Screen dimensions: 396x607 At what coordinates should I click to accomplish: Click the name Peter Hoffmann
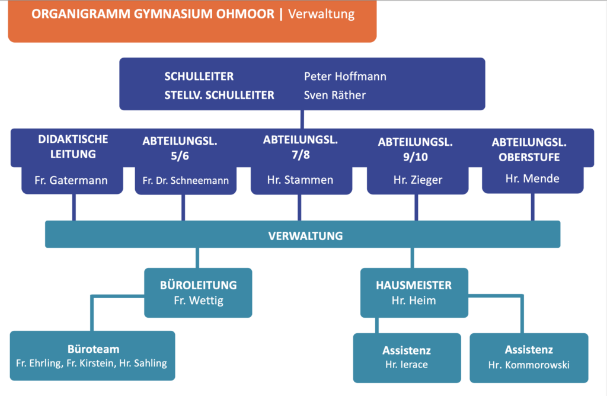pyautogui.click(x=345, y=76)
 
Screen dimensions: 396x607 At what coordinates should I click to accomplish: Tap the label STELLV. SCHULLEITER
pyautogui.click(x=219, y=95)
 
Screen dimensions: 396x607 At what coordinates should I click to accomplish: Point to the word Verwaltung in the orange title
pyautogui.click(x=321, y=14)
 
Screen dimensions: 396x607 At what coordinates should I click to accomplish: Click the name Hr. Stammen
pyautogui.click(x=300, y=180)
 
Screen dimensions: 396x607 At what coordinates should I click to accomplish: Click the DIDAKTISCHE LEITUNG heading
pyautogui.click(x=74, y=147)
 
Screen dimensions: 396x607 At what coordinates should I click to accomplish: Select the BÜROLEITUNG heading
pyautogui.click(x=198, y=285)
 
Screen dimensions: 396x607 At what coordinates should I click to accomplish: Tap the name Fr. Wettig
pyautogui.click(x=198, y=301)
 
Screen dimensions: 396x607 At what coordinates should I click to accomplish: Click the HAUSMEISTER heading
pyautogui.click(x=413, y=285)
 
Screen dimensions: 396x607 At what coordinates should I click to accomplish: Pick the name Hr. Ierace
pyautogui.click(x=407, y=365)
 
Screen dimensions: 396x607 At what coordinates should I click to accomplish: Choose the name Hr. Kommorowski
pyautogui.click(x=529, y=365)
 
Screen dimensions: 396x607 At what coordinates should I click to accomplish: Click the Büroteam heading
pyautogui.click(x=93, y=349)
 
